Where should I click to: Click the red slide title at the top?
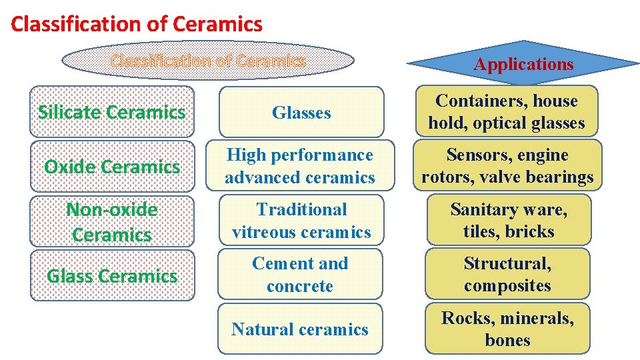click(137, 25)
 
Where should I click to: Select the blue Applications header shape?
click(523, 64)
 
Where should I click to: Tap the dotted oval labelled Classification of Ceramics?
click(208, 61)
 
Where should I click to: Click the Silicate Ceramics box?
click(112, 112)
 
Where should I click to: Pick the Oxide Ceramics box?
click(112, 166)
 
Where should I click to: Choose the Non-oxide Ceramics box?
click(112, 221)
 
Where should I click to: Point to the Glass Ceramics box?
click(112, 275)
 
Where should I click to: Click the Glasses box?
click(301, 113)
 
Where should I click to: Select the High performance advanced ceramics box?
click(300, 166)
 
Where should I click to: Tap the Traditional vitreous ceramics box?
click(301, 221)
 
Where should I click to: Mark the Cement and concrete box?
click(300, 275)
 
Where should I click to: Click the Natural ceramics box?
click(300, 329)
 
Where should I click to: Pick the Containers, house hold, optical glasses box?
click(507, 111)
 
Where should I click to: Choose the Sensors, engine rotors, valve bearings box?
click(507, 166)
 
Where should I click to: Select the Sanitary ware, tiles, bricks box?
click(509, 221)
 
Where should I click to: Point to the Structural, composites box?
click(507, 275)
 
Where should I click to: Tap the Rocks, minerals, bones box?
click(507, 329)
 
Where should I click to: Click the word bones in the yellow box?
click(508, 341)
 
